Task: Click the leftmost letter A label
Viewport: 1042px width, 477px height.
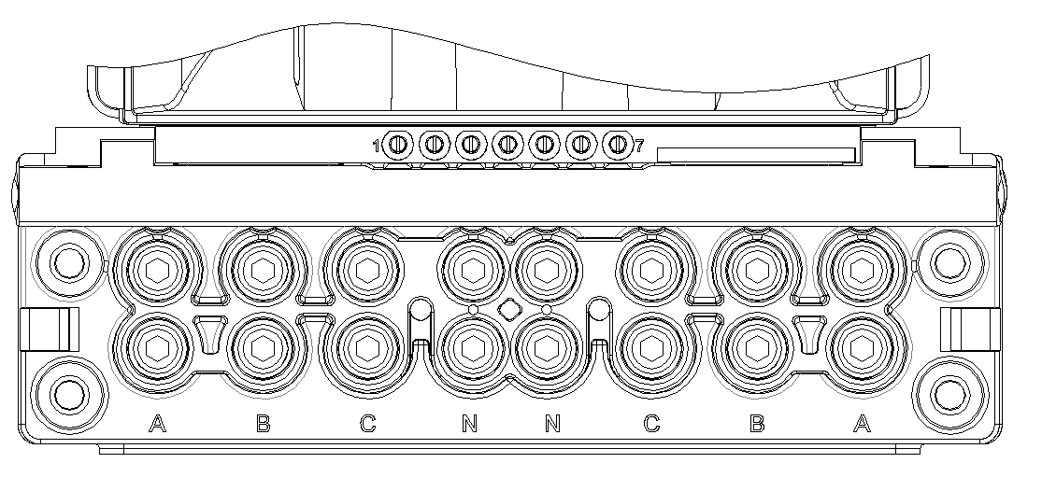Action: [157, 423]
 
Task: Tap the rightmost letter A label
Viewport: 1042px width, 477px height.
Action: [862, 423]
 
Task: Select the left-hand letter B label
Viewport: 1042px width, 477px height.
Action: [264, 423]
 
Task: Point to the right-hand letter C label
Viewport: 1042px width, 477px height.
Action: [652, 423]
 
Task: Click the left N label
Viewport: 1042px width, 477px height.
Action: [470, 423]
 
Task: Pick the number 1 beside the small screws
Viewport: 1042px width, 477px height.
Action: [376, 146]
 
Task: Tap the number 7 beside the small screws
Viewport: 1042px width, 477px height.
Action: [639, 146]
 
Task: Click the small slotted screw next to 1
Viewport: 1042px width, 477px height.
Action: [397, 144]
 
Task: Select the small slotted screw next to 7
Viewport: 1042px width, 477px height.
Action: [618, 144]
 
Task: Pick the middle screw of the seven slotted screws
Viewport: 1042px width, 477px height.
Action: [507, 144]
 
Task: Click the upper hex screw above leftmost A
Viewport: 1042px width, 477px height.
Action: [157, 270]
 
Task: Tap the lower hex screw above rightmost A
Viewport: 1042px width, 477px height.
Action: [862, 349]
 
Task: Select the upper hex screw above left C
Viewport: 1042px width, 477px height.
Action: [367, 270]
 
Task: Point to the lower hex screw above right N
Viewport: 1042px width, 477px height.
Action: [547, 349]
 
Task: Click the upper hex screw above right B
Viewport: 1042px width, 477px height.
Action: [757, 270]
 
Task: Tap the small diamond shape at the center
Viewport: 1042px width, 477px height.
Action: [509, 309]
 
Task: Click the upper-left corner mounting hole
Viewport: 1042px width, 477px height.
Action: [68, 263]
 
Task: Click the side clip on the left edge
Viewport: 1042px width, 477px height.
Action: [50, 330]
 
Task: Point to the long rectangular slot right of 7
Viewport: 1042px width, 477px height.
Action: [756, 155]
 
